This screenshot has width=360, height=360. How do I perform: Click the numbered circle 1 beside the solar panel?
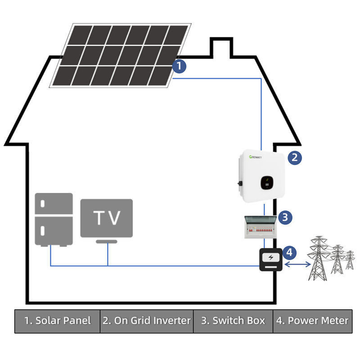179,66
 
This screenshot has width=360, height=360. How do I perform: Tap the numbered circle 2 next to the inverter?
294,157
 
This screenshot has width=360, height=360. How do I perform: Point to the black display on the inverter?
267,182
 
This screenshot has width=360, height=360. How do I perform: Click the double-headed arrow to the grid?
297,265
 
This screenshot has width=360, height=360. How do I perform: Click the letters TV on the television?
107,218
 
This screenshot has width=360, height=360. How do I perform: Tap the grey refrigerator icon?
54,219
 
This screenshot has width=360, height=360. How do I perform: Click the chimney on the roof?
221,47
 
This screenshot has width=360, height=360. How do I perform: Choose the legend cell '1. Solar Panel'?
57,321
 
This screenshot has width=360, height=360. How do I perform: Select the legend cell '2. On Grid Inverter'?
147,321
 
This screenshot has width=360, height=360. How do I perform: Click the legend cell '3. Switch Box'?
233,321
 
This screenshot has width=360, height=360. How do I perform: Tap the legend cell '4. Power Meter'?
318,321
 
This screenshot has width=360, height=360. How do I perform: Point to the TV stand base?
107,242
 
